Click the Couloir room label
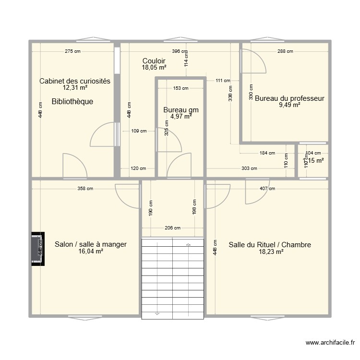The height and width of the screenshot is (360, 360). pos(154,61)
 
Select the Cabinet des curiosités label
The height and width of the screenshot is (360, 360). pos(75,81)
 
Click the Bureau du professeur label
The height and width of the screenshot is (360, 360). pos(289,98)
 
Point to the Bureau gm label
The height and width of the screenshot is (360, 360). pos(180,110)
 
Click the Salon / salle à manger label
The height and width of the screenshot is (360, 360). pos(91,244)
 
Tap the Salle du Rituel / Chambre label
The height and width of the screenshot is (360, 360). pos(270,245)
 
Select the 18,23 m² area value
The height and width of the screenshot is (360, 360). pos(270,252)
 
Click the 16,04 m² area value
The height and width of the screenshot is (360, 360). pos(91,251)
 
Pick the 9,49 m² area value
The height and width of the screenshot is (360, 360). pos(289,105)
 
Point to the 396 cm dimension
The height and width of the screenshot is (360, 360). pos(180,51)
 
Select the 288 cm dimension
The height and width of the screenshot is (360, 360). pos(285,51)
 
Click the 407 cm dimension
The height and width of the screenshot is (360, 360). pos(267,189)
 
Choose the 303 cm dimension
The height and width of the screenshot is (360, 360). pos(249,168)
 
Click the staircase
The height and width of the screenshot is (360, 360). pos(172,277)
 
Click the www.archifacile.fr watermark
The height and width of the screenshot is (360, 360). pos(330,343)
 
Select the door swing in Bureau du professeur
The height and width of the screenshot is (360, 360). pos(252,60)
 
